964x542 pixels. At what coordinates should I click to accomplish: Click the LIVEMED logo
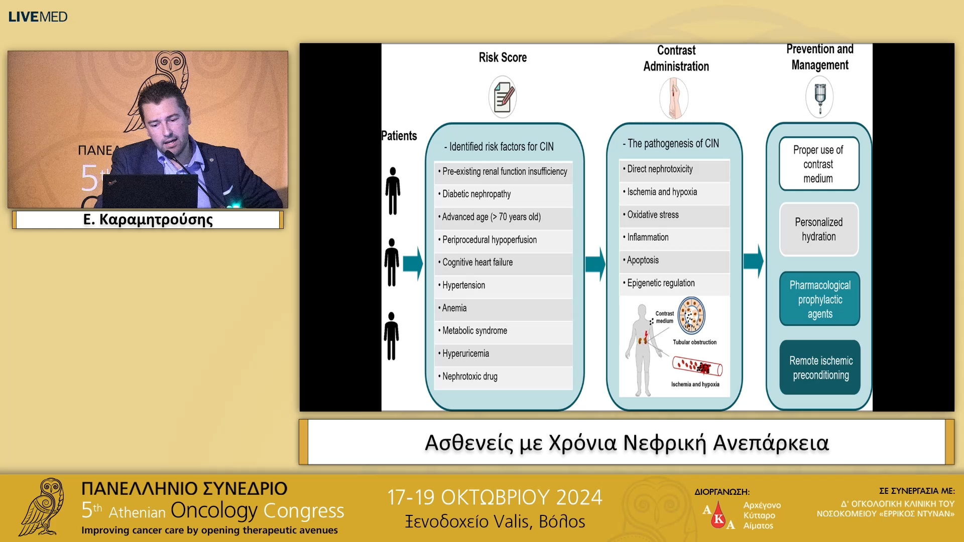pos(38,17)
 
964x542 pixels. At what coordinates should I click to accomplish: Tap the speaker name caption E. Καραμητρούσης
pos(148,219)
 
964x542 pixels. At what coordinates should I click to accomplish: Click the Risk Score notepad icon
pos(503,97)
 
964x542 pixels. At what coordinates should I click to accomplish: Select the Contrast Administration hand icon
pos(674,98)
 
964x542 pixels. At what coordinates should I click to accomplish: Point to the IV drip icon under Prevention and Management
pos(820,96)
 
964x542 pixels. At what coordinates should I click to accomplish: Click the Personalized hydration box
pos(819,229)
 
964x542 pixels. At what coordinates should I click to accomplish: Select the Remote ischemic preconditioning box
pos(820,367)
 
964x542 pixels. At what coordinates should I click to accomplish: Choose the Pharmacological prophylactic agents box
pos(819,299)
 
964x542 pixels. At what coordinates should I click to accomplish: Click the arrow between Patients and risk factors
pos(413,263)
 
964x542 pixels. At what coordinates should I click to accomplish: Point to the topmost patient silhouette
pos(393,191)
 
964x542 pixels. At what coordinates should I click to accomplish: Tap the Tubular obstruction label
pos(694,342)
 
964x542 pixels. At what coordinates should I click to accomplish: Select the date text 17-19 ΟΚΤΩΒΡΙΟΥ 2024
pos(495,497)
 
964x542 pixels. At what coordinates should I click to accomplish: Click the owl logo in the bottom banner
pos(43,507)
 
